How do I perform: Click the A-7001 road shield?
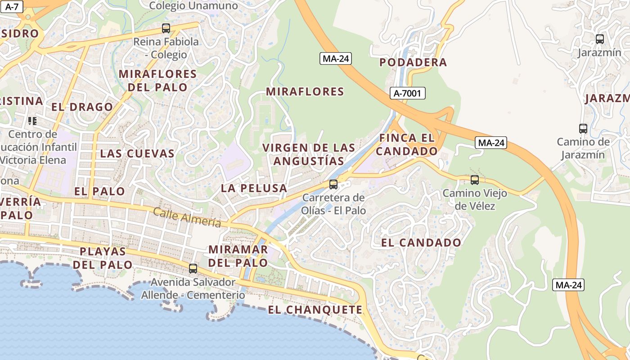click(407, 93)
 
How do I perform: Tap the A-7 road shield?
click(11, 7)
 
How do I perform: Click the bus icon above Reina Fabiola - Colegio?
click(166, 28)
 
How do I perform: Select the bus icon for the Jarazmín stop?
click(599, 39)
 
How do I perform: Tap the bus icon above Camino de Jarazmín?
click(583, 129)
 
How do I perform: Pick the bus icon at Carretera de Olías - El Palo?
click(333, 184)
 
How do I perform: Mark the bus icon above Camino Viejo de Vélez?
click(474, 180)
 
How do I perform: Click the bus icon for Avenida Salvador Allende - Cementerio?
click(193, 269)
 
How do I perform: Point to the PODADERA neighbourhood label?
click(413, 63)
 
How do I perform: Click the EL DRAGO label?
click(82, 107)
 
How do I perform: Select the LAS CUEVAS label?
click(137, 153)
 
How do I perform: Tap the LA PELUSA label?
click(254, 188)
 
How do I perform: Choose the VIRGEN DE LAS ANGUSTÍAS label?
click(309, 154)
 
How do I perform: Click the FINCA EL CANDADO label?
click(407, 144)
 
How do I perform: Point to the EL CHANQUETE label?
click(315, 310)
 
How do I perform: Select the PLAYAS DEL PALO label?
click(103, 258)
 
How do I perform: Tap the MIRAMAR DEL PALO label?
click(238, 256)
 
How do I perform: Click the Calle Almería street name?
click(187, 217)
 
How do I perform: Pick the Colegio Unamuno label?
click(193, 6)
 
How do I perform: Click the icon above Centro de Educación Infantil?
click(32, 121)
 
